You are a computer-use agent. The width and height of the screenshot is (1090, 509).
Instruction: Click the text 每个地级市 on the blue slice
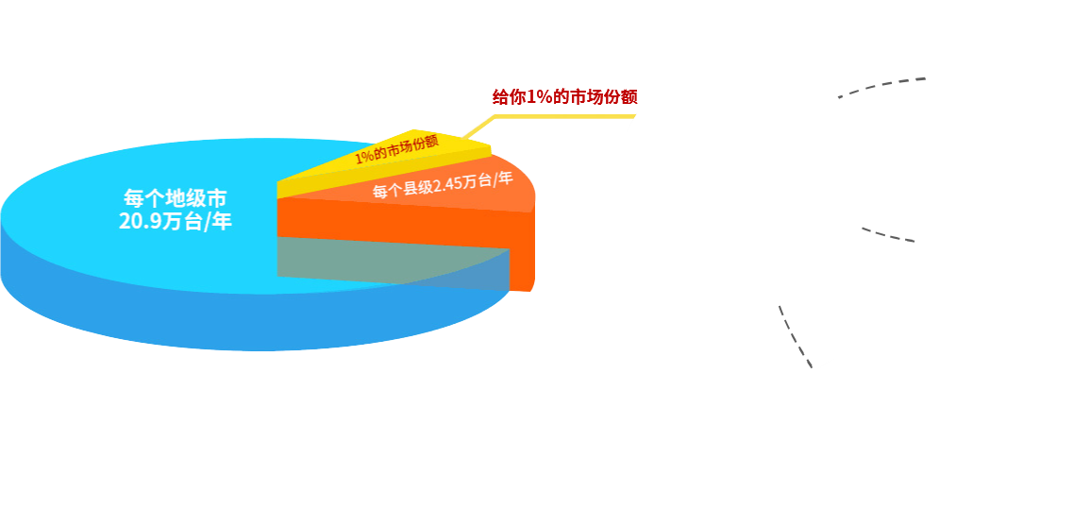[176, 199]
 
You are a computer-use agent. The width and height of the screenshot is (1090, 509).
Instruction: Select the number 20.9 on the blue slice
[142, 223]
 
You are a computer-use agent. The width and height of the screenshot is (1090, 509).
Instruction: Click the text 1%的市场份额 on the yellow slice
[396, 148]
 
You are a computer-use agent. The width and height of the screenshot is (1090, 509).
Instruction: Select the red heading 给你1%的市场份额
[565, 96]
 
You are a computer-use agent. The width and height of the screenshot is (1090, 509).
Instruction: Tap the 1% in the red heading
[537, 96]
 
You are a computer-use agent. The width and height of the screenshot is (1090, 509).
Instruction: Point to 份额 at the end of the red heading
[622, 96]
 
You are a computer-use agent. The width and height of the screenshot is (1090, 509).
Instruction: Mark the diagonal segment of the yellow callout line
[478, 127]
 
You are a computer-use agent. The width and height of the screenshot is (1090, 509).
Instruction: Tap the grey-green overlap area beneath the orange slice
[377, 257]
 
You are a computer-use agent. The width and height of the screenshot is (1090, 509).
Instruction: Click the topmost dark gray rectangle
[895, 89]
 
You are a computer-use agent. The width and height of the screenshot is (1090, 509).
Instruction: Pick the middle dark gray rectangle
[893, 234]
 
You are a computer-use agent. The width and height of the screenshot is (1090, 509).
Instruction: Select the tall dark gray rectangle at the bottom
[801, 330]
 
